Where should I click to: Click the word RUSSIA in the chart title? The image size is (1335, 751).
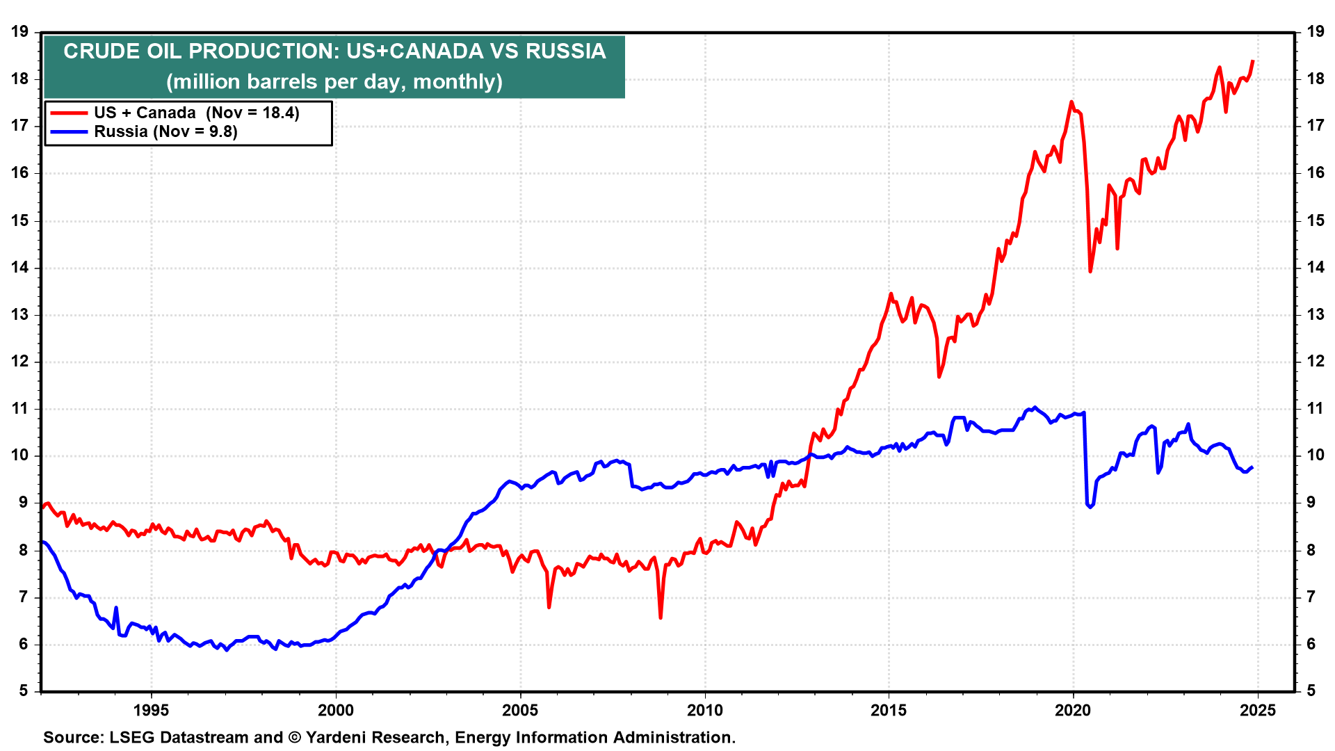[x=565, y=51]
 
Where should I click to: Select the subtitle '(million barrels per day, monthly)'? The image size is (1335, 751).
[x=334, y=82]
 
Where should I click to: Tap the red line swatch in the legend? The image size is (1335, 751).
[x=69, y=113]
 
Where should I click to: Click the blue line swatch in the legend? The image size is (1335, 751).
[x=69, y=131]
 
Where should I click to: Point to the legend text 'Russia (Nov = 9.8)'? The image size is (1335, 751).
[x=165, y=131]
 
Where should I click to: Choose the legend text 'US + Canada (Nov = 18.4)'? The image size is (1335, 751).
[x=197, y=113]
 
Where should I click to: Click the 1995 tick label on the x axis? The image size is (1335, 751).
[x=151, y=710]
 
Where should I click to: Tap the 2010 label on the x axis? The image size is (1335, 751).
[x=704, y=710]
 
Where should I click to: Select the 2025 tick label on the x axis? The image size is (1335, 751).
[x=1257, y=710]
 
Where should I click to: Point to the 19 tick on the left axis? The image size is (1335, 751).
[x=19, y=31]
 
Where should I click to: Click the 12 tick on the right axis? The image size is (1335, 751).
[x=1316, y=361]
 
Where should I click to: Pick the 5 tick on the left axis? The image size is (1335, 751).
[x=24, y=691]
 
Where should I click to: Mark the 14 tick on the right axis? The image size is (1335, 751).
[x=1316, y=267]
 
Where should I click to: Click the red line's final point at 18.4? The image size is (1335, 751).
[x=1253, y=61]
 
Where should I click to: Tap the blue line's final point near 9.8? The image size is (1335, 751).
[x=1252, y=467]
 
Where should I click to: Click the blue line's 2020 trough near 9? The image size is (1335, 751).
[x=1090, y=507]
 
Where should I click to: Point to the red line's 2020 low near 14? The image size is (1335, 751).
[x=1090, y=271]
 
